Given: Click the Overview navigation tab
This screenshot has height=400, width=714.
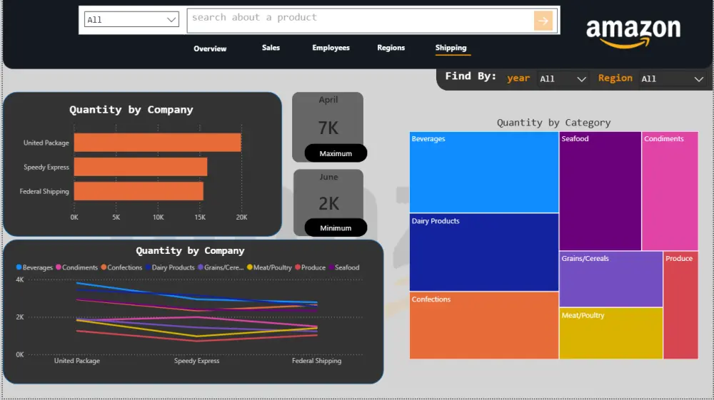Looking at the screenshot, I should click(210, 48).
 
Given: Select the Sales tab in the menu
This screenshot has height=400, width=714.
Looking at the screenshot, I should click(271, 48).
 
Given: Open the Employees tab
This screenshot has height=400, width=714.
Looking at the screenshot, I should click(331, 48).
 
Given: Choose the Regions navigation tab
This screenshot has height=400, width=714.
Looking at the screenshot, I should click(391, 48).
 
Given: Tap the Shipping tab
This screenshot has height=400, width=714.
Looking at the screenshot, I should click(451, 48).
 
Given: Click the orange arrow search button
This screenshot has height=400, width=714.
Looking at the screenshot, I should click(543, 21).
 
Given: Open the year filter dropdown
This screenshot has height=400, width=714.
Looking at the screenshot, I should click(563, 79).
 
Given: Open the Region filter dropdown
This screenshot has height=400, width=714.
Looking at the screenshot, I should click(672, 79).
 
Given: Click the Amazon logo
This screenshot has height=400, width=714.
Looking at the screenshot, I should click(633, 32).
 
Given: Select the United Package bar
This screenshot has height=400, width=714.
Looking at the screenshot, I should click(157, 143).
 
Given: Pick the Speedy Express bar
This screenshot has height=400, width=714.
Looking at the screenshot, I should click(141, 167).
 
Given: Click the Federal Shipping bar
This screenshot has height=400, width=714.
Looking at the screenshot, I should click(139, 191).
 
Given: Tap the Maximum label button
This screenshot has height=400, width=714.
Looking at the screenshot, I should click(336, 153).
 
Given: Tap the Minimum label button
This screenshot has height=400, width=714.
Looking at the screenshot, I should click(336, 228).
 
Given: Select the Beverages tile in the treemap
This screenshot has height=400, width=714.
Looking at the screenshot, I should click(483, 173).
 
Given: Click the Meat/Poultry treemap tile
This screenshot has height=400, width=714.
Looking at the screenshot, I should click(610, 333).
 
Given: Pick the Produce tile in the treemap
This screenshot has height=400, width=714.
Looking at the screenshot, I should click(680, 305).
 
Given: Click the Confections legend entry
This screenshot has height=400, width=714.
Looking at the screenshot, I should click(121, 267).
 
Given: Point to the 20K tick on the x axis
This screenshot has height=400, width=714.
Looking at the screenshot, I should click(242, 217).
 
